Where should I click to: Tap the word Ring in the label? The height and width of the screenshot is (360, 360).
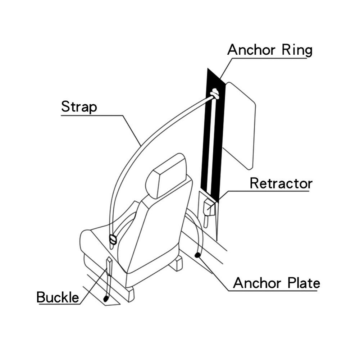tap(297, 50)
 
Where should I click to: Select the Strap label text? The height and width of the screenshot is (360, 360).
tap(79, 107)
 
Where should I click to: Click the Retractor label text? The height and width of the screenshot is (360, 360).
tap(281, 183)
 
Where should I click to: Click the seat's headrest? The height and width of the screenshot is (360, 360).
tap(166, 175)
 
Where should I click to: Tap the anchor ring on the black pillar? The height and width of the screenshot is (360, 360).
tap(215, 93)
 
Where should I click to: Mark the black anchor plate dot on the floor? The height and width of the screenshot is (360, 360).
tap(197, 255)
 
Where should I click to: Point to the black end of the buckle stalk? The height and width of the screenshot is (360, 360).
tap(106, 299)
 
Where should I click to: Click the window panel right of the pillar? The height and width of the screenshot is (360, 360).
tap(240, 126)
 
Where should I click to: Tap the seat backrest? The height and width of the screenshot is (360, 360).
tap(158, 229)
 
